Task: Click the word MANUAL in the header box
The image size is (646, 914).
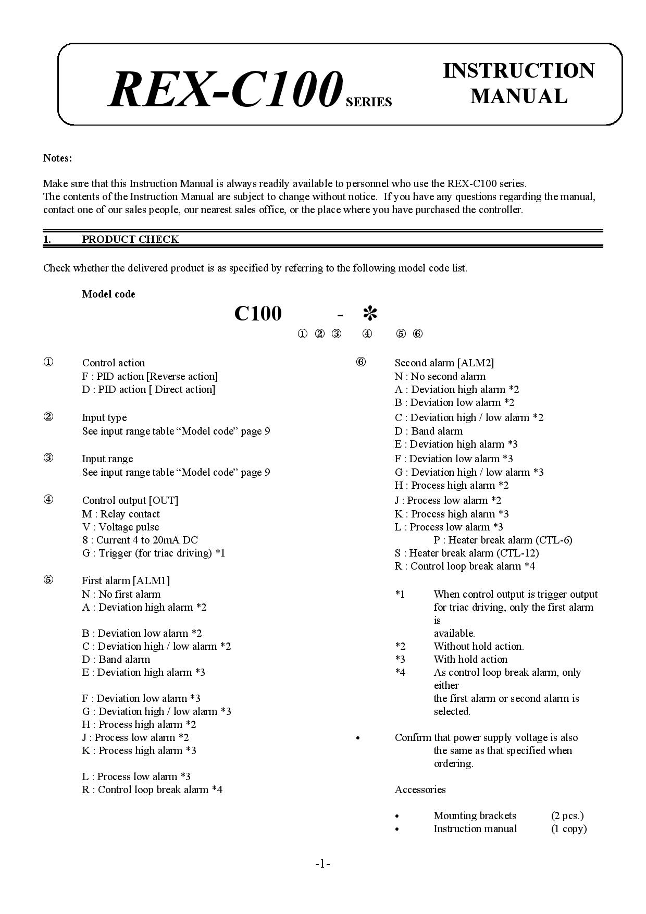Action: tap(518, 96)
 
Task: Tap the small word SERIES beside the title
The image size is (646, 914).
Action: tap(369, 102)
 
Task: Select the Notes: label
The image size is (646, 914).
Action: tap(57, 158)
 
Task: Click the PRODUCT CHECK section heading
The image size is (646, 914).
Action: tap(130, 239)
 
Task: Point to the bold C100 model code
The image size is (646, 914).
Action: tap(258, 313)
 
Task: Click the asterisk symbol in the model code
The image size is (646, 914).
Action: tap(370, 314)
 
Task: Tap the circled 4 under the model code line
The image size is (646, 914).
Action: tap(367, 334)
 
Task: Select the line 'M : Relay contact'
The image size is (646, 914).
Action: tap(121, 514)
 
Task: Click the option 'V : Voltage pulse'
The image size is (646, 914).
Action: tap(120, 527)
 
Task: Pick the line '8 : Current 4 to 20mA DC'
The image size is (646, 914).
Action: tap(140, 540)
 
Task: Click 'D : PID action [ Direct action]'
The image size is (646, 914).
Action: tap(148, 389)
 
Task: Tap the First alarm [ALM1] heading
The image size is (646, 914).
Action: tap(126, 580)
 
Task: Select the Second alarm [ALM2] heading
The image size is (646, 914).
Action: tap(444, 363)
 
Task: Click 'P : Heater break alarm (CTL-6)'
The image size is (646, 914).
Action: tap(503, 540)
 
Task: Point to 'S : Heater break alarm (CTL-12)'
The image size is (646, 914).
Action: tap(467, 553)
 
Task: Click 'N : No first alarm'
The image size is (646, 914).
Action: tap(121, 594)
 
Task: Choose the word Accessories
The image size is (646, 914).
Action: tap(420, 789)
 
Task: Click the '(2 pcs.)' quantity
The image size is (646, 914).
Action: tap(567, 816)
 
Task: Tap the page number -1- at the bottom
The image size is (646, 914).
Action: tap(322, 864)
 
